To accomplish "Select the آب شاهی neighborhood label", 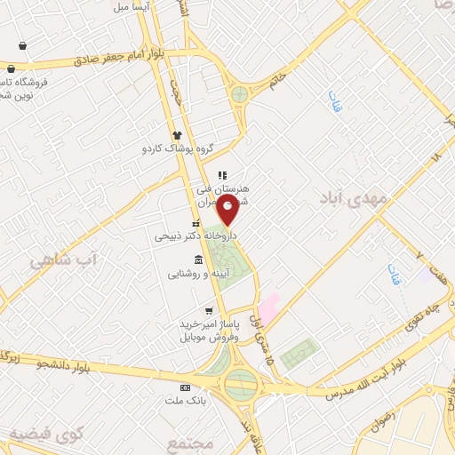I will coord(61,259).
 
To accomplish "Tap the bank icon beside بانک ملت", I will coord(185,387).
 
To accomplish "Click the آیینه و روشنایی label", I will coord(201,275).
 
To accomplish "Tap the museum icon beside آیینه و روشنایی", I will coord(196,259).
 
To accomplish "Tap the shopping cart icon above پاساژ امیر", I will coord(208,312).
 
